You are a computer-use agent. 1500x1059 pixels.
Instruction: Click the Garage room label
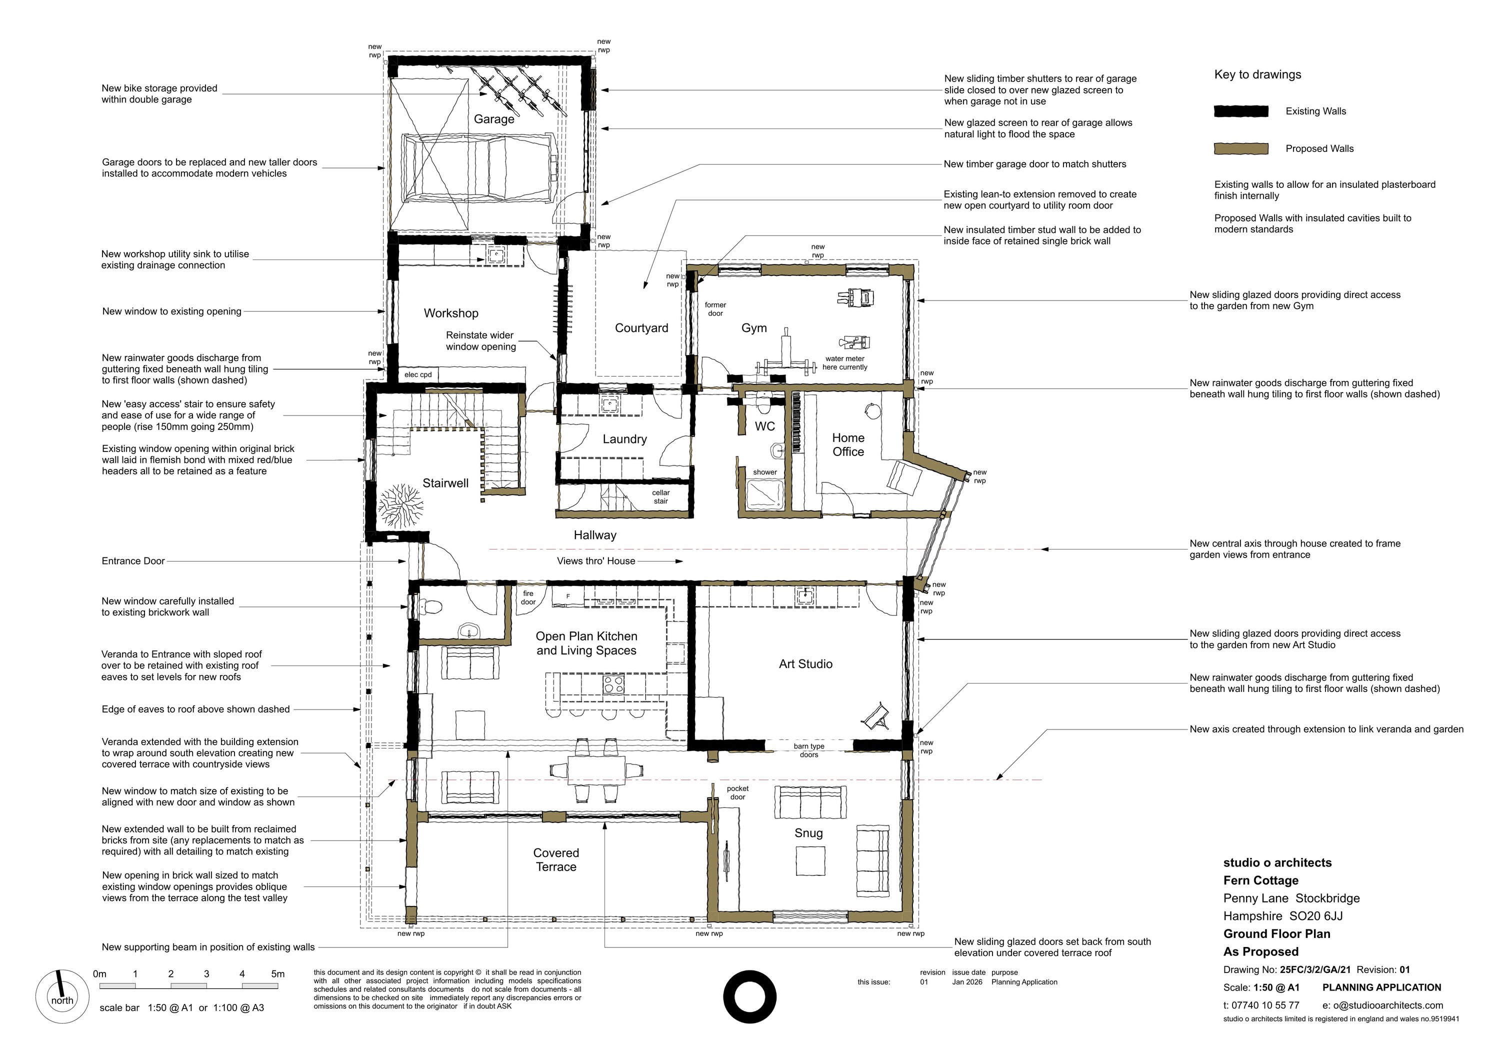coord(494,119)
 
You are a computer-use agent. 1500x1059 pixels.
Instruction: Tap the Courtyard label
coord(641,328)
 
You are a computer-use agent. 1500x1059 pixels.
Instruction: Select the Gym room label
coord(754,328)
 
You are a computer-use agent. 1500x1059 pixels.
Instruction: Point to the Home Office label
coord(848,445)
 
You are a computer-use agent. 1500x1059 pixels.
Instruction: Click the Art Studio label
coord(805,664)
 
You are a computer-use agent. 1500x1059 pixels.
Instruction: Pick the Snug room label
coord(809,833)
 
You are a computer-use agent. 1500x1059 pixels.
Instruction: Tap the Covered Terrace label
coord(556,859)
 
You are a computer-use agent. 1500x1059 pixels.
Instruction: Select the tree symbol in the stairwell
coord(400,506)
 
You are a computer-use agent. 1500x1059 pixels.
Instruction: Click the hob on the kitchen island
coord(613,684)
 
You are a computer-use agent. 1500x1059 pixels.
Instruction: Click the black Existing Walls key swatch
coord(1240,111)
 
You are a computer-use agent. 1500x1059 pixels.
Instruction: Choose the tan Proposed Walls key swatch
coord(1240,148)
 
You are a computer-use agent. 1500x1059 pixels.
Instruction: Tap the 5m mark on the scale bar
coord(277,974)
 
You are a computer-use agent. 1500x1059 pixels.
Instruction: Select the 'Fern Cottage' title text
coord(1261,880)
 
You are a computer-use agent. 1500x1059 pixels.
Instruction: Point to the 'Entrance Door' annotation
coord(133,560)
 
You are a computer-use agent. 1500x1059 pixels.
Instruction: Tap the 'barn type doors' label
coord(809,750)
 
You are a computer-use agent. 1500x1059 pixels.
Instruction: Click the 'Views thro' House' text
coord(596,560)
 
